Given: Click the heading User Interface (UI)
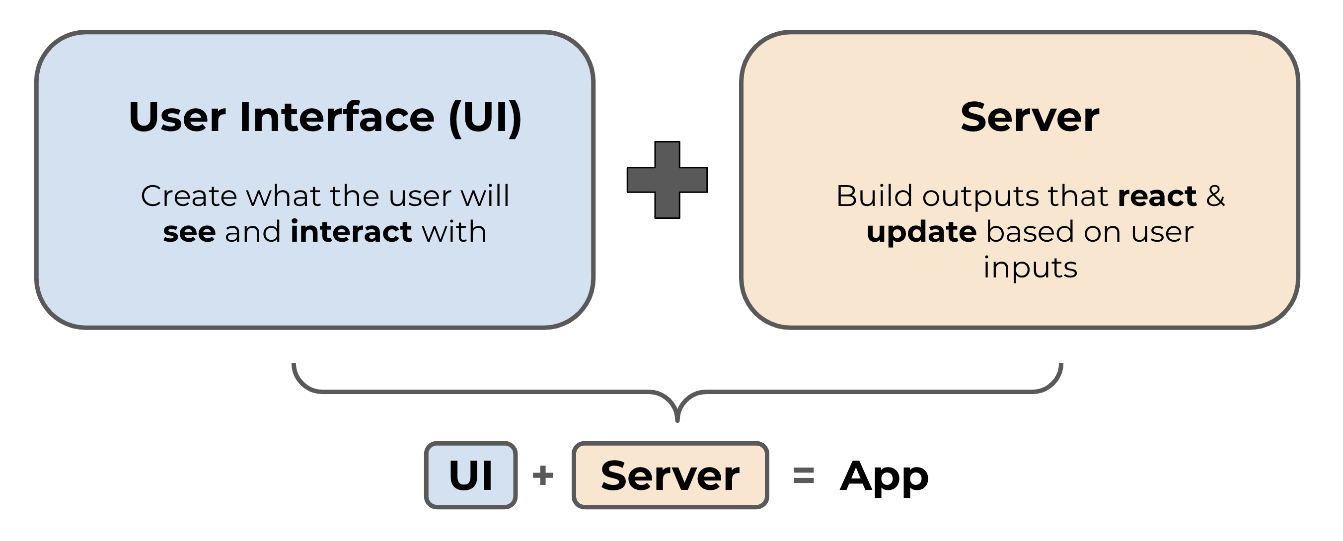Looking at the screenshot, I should (325, 117).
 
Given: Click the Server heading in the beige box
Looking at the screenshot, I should (1030, 117).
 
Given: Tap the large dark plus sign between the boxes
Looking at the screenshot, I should (667, 180).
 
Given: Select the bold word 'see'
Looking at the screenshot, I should (189, 232).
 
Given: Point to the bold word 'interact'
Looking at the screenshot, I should (351, 231).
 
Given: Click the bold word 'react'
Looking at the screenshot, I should (1157, 197).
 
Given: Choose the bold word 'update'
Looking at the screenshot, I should (921, 232).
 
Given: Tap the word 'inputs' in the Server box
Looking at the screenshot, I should (1030, 268).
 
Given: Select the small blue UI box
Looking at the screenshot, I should (471, 475).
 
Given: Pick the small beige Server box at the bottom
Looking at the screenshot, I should (670, 475).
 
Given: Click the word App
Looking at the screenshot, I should (884, 476).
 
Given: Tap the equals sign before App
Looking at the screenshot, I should (804, 475).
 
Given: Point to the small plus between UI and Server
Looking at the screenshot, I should (543, 475).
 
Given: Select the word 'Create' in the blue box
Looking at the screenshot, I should (189, 197).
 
